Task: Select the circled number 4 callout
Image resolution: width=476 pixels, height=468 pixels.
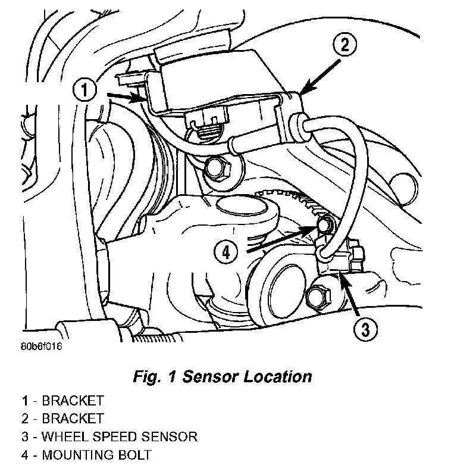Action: (225, 253)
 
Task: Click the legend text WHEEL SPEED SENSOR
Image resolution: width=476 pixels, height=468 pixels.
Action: (118, 437)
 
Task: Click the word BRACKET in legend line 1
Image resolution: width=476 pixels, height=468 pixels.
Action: (72, 400)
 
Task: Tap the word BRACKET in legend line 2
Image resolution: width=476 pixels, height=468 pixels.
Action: (72, 419)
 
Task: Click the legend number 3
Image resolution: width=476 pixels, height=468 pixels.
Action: (24, 437)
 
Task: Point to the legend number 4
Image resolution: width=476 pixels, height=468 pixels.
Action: (24, 455)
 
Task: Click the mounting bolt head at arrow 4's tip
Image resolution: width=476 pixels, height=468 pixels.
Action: (325, 224)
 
